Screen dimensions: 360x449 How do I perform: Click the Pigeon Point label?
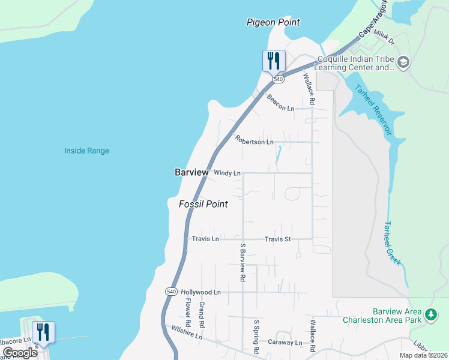pyautogui.click(x=273, y=22)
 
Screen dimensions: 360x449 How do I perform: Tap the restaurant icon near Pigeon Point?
pyautogui.click(x=274, y=61)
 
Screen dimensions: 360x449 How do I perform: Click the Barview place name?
pyautogui.click(x=191, y=172)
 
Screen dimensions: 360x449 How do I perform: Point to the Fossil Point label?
pyautogui.click(x=203, y=204)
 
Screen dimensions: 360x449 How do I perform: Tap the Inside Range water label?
pyautogui.click(x=87, y=151)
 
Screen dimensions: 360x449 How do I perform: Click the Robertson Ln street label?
pyautogui.click(x=255, y=141)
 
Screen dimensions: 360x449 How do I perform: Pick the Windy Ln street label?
pyautogui.click(x=227, y=173)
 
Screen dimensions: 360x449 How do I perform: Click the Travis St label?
pyautogui.click(x=278, y=239)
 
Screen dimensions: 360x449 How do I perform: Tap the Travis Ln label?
pyautogui.click(x=205, y=239)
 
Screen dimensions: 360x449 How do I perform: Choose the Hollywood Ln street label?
pyautogui.click(x=201, y=292)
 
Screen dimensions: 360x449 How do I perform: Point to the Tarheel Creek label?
pyautogui.click(x=392, y=243)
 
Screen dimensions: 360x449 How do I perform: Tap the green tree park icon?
pyautogui.click(x=430, y=314)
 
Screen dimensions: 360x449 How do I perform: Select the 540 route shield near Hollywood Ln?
pyautogui.click(x=171, y=291)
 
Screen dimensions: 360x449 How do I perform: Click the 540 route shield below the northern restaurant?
pyautogui.click(x=277, y=79)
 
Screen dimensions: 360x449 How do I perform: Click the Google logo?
pyautogui.click(x=20, y=353)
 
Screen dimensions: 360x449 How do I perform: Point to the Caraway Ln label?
pyautogui.click(x=285, y=343)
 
